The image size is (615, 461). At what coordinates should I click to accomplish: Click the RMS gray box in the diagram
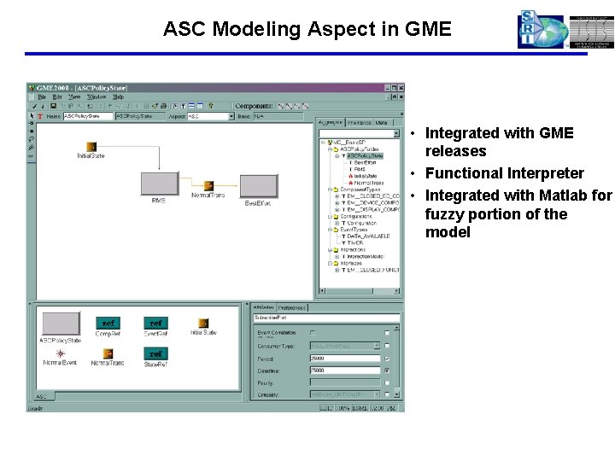tap(159, 184)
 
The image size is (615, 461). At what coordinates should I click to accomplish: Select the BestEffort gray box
tap(258, 186)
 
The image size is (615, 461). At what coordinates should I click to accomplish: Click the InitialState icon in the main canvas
tap(91, 146)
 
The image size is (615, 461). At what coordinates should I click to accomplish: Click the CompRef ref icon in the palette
tap(108, 324)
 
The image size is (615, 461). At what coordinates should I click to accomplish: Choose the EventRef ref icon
tap(155, 324)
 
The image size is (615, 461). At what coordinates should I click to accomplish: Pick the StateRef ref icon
tap(155, 353)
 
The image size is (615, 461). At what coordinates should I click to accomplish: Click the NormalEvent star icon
tap(61, 353)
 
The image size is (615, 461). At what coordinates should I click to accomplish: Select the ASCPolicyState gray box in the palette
tap(61, 324)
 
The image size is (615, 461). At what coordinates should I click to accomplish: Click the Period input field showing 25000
tap(344, 359)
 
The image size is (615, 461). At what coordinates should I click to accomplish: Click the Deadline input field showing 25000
tap(344, 371)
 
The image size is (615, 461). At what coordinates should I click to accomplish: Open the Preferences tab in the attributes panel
tap(292, 307)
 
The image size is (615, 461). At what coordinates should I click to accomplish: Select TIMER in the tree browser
tap(357, 242)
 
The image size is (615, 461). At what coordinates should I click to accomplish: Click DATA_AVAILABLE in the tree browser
tap(369, 236)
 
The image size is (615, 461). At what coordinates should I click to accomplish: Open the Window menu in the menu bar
tap(97, 97)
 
